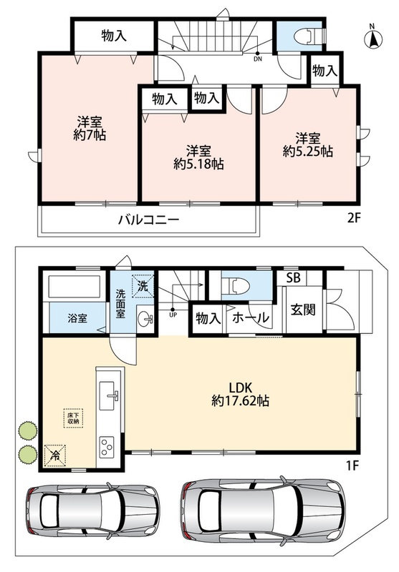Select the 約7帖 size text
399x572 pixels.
pyautogui.click(x=90, y=135)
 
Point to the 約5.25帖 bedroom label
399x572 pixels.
pyautogui.click(x=307, y=151)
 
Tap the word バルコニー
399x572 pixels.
pyautogui.click(x=149, y=220)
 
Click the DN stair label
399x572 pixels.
pyautogui.click(x=258, y=59)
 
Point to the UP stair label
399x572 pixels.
pyautogui.click(x=173, y=315)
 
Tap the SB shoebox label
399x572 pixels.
pyautogui.click(x=293, y=278)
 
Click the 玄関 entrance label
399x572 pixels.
pyautogui.click(x=303, y=310)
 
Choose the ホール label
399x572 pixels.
pyautogui.click(x=251, y=318)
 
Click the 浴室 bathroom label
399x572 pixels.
pyautogui.click(x=77, y=318)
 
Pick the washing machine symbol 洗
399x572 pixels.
pyautogui.click(x=143, y=285)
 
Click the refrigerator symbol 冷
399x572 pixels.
pyautogui.click(x=55, y=455)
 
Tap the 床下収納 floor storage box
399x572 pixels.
pyautogui.click(x=74, y=418)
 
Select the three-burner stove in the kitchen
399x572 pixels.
pyautogui.click(x=107, y=446)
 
